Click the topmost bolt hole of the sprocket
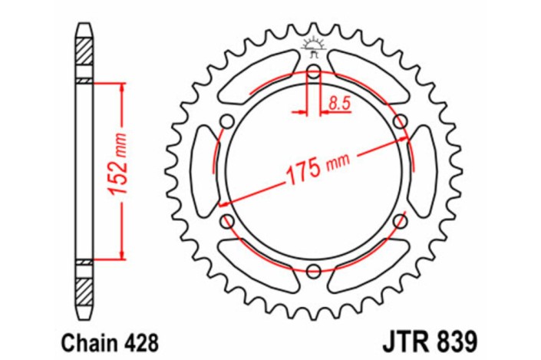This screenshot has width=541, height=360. pos(313,73)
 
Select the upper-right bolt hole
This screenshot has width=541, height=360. pos(399,121)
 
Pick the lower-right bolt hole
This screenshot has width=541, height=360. pos(399,221)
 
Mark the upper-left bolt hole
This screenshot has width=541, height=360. pos(227,121)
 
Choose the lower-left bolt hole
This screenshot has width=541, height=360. pos(227,221)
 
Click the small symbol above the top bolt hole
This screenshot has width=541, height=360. pos(313,46)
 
